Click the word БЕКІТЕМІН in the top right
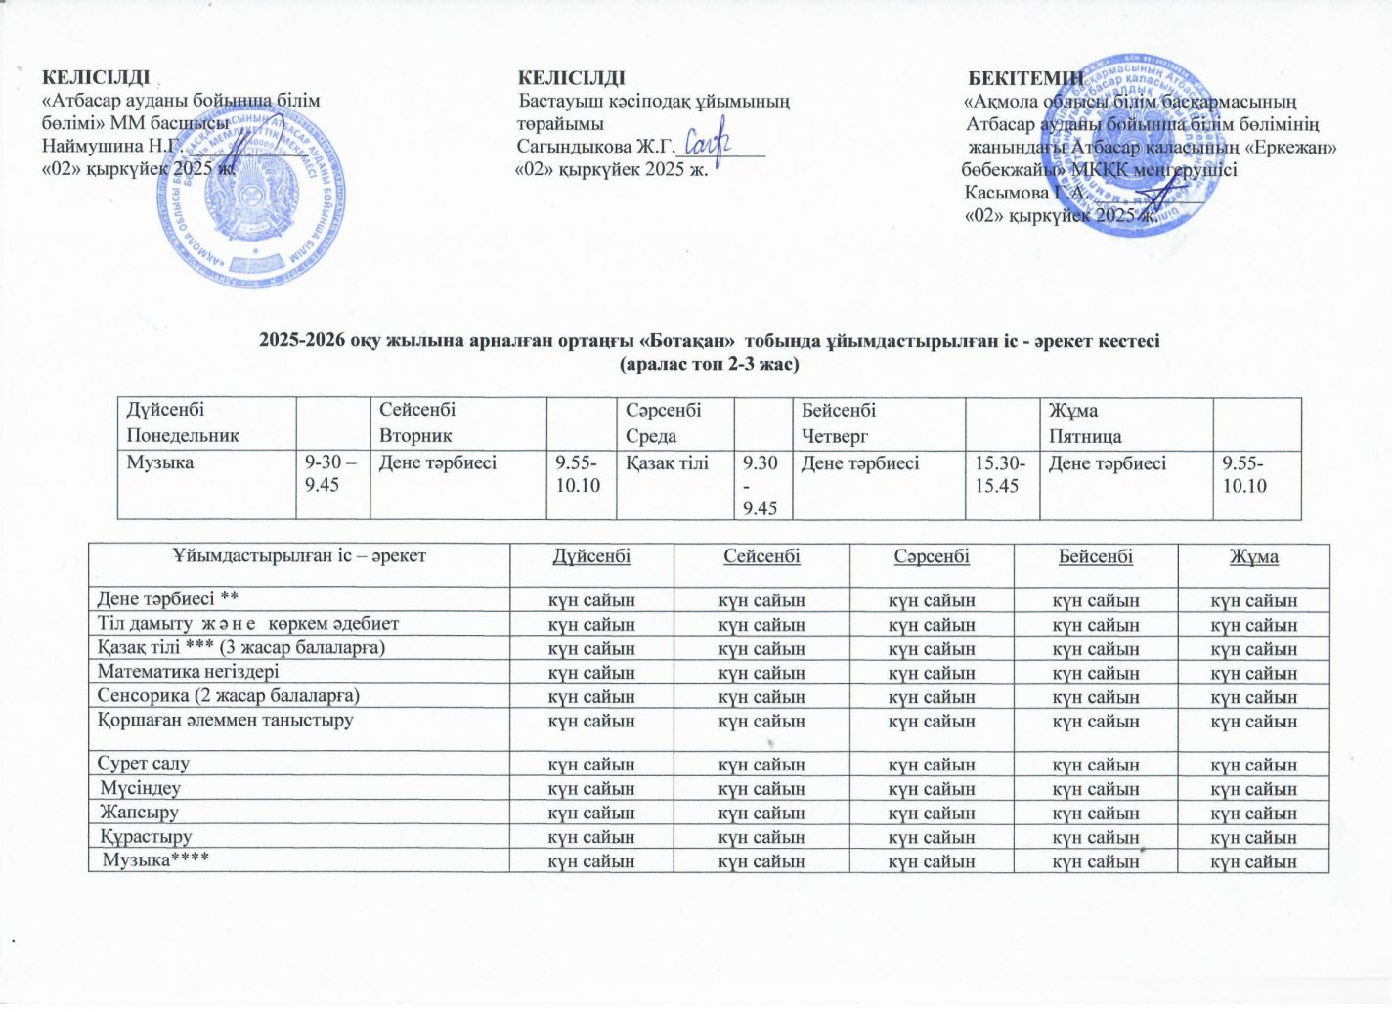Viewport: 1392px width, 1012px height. tap(1025, 78)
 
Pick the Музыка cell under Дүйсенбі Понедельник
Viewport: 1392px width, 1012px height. tap(160, 462)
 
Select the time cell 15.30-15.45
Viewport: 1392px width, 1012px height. tap(997, 473)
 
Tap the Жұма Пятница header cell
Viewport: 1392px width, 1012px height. tap(1085, 422)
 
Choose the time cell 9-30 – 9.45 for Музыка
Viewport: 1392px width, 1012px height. tap(331, 473)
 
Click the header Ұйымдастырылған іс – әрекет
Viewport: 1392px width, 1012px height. tap(299, 556)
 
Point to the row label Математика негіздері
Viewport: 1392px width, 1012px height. tap(188, 672)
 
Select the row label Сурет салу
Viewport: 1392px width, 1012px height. tap(144, 763)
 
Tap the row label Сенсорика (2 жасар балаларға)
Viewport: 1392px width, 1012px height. tap(229, 695)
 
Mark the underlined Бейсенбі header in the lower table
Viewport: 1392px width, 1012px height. tap(1096, 556)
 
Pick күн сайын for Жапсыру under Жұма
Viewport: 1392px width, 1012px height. tap(1254, 814)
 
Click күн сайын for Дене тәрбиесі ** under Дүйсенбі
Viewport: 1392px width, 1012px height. tap(591, 600)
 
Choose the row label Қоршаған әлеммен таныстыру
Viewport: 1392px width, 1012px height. tap(225, 720)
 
